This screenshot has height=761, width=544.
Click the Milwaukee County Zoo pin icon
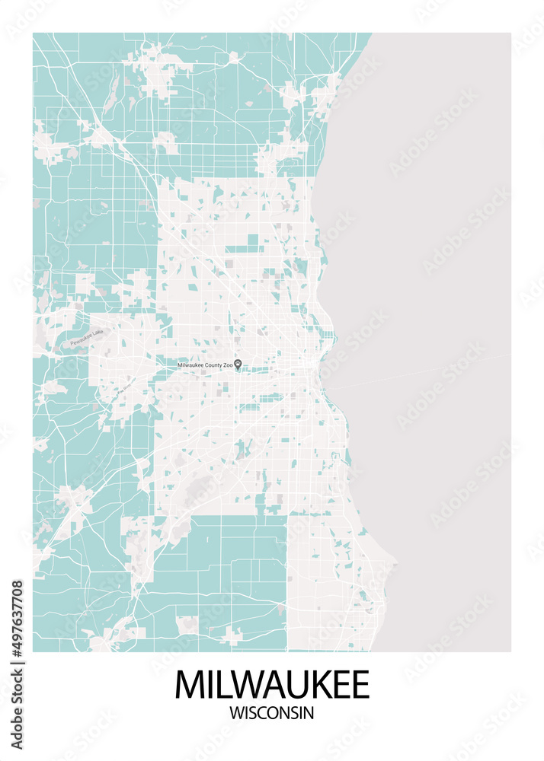tap(237, 365)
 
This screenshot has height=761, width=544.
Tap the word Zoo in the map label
tap(227, 365)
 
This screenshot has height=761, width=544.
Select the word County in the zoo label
tap(212, 365)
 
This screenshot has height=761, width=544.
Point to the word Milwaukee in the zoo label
tap(190, 365)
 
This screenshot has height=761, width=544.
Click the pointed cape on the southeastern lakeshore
tap(395, 564)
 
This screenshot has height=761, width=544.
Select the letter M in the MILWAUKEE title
tap(189, 684)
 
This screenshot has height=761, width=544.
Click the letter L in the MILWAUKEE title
tap(222, 684)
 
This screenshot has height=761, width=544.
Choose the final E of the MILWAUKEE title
tap(360, 684)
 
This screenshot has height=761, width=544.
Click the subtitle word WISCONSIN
tap(271, 713)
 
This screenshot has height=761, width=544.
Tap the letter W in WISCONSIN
tap(235, 713)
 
